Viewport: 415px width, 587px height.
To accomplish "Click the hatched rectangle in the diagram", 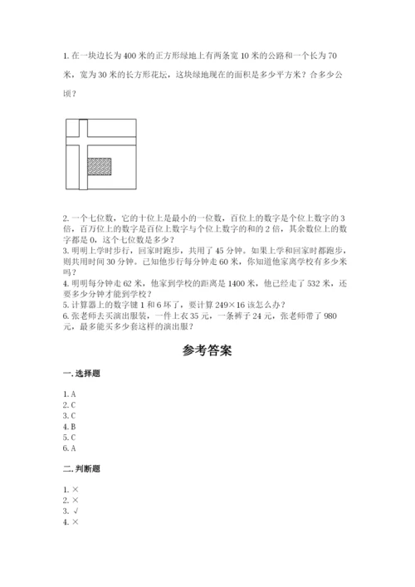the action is pos(100,165).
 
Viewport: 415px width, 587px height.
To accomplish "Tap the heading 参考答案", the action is pos(207,350).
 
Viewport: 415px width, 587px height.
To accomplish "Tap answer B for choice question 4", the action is pos(73,426).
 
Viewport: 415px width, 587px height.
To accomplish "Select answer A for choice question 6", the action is pos(73,448).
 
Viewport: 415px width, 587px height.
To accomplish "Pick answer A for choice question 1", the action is pos(73,394).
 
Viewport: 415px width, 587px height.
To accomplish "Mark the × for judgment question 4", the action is pos(76,522).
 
